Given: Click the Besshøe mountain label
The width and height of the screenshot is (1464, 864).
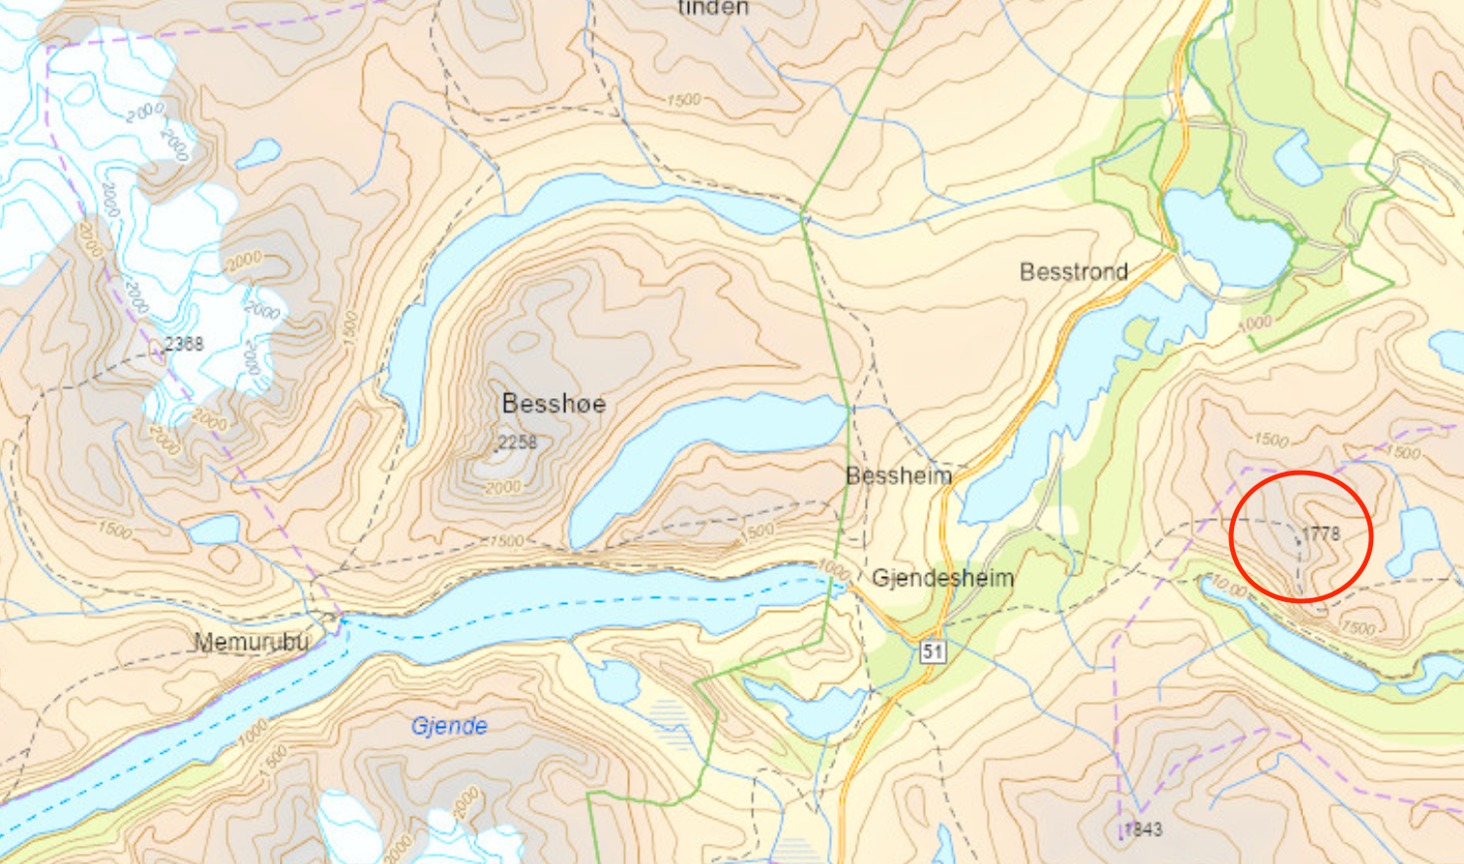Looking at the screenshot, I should tap(554, 403).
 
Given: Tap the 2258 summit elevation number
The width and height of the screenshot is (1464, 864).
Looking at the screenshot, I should tap(517, 442).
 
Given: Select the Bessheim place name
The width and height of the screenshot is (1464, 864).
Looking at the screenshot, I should tap(899, 475).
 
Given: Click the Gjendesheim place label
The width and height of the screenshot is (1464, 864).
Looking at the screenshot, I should tap(942, 578).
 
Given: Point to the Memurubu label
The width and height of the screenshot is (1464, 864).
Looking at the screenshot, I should tap(251, 642).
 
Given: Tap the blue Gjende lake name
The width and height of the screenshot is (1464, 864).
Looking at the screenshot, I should tap(449, 726).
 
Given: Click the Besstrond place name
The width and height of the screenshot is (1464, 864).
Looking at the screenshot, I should tap(1074, 272).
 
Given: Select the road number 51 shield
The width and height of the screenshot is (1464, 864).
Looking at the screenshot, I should tap(932, 650).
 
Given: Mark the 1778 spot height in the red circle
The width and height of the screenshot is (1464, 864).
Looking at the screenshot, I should tap(1321, 533).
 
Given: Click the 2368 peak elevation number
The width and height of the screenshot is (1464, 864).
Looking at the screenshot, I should tap(184, 343).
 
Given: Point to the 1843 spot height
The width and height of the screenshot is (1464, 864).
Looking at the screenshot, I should tap(1142, 829).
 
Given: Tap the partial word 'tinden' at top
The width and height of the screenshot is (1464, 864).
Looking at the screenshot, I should tap(713, 9).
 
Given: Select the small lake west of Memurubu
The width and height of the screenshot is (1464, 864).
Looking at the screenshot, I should tap(215, 530).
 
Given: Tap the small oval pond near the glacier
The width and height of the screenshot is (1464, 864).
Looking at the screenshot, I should tap(258, 152).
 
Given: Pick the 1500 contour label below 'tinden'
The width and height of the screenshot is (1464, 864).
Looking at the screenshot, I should tap(683, 101).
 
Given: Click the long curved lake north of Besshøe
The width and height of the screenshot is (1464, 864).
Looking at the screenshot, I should tap(541, 222).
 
